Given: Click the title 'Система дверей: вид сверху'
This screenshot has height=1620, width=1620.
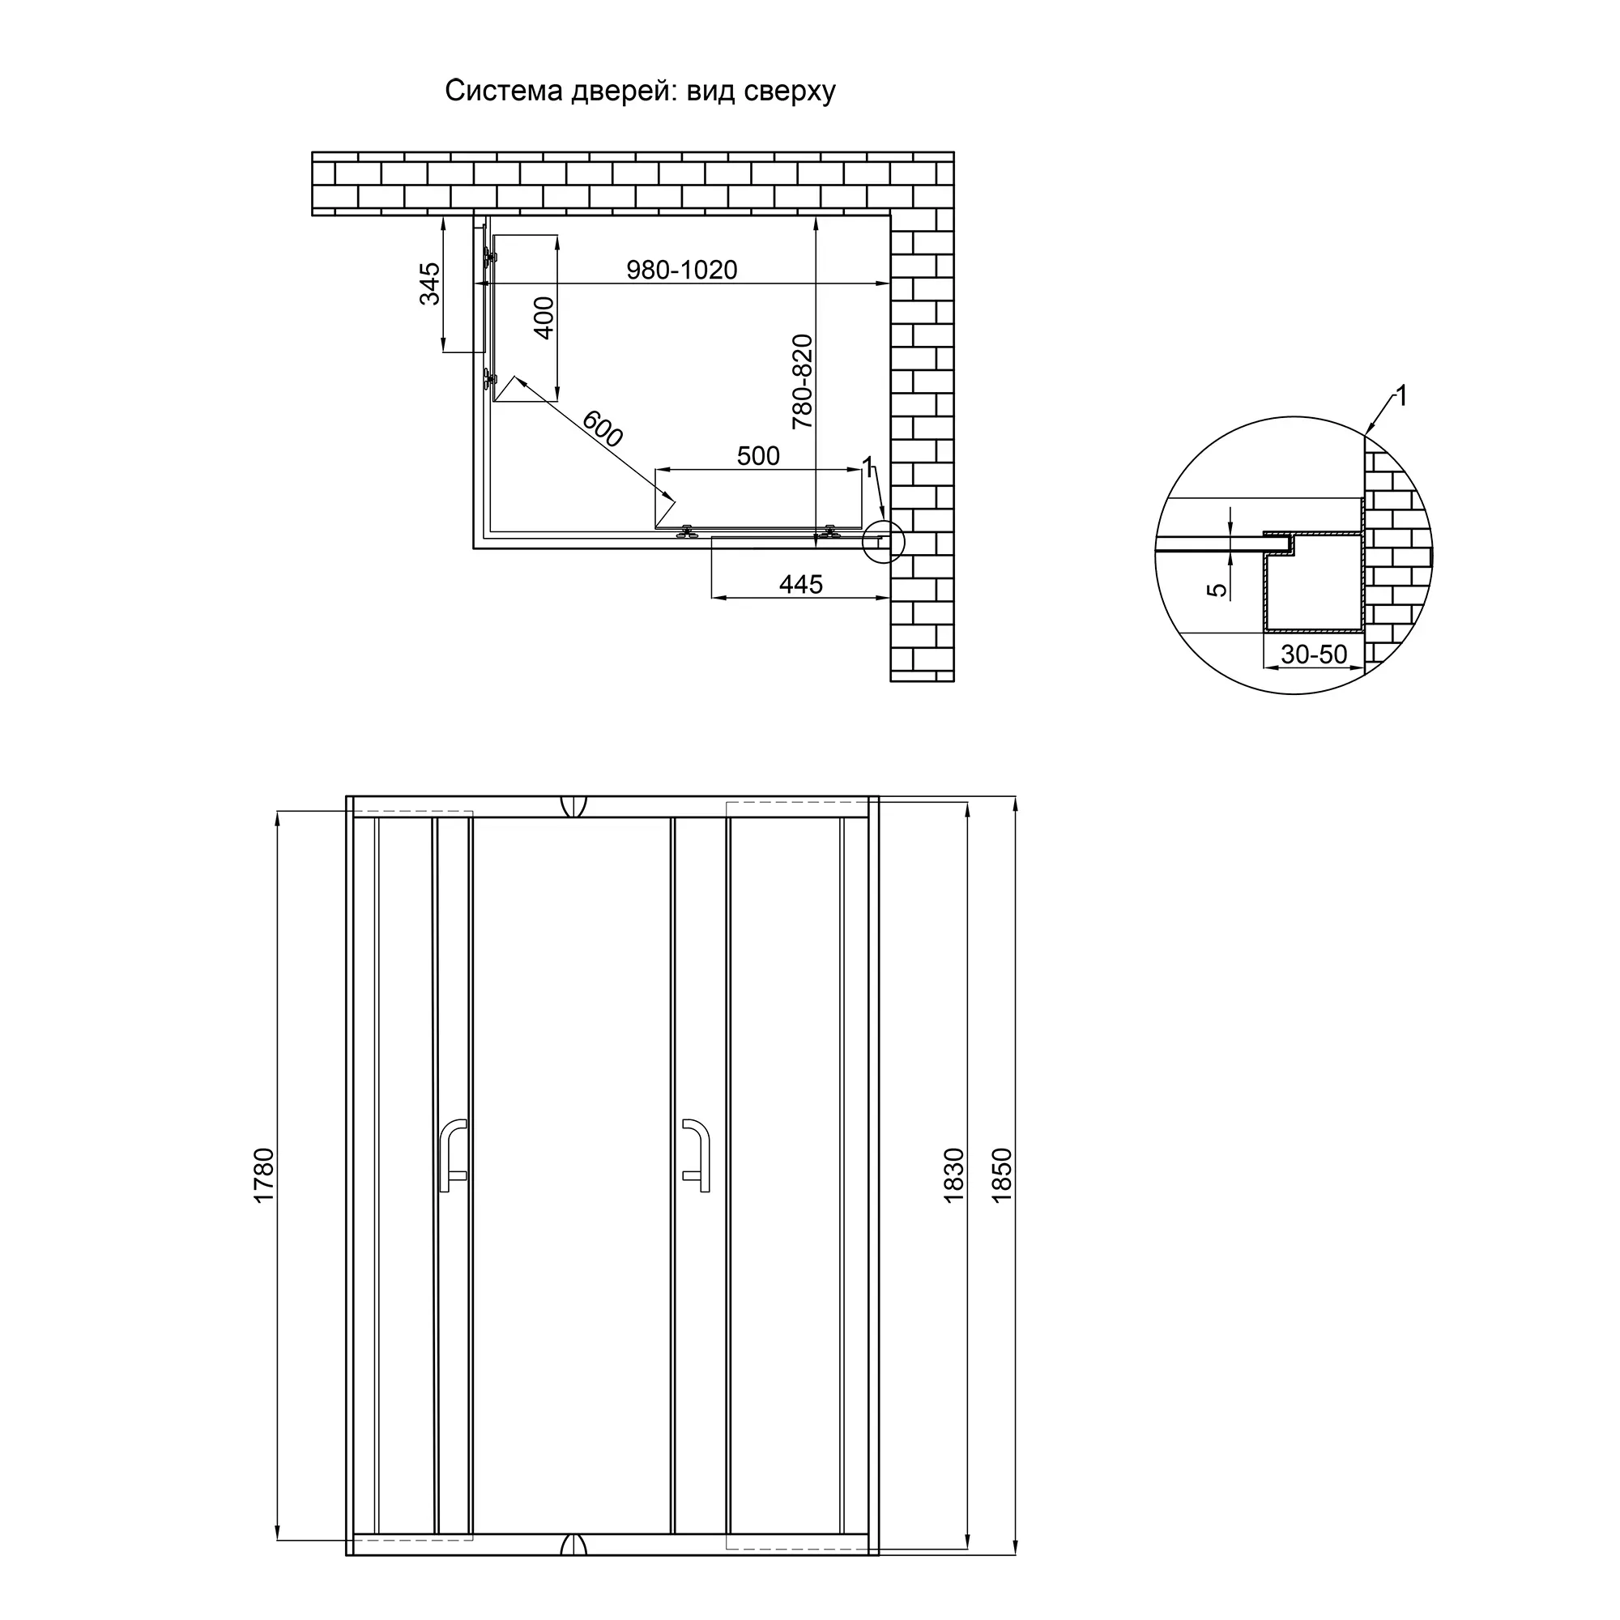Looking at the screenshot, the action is tap(640, 91).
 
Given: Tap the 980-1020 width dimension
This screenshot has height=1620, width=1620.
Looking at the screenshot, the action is tap(682, 270).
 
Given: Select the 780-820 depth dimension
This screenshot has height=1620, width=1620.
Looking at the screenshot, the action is tap(803, 382).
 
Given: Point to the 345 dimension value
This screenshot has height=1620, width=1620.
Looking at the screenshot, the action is tap(429, 283).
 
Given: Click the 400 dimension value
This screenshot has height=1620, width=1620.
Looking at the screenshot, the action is tap(544, 318).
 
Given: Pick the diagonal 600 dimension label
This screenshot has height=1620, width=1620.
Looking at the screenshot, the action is tap(603, 428).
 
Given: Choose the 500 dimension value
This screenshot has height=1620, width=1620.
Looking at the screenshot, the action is tap(758, 455).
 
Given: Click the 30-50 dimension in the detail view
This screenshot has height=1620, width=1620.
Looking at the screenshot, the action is tap(1314, 654).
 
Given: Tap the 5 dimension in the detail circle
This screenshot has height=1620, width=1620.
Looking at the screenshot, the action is tap(1217, 590).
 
